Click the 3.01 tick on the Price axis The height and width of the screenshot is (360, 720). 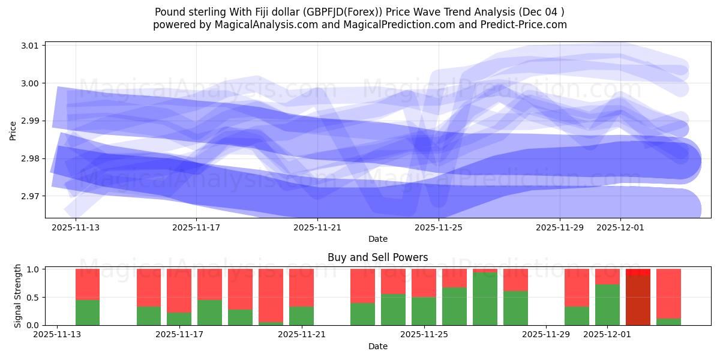pyautogui.click(x=31, y=46)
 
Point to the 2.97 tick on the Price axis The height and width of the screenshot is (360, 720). pyautogui.click(x=31, y=196)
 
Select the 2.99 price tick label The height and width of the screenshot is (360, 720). pyautogui.click(x=31, y=121)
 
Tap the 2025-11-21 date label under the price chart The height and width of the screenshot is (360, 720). pyautogui.click(x=317, y=228)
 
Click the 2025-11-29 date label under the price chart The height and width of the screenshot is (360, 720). pyautogui.click(x=560, y=228)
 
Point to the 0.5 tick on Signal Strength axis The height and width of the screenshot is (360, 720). pyautogui.click(x=34, y=297)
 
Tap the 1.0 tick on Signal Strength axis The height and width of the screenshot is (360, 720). pyautogui.click(x=34, y=269)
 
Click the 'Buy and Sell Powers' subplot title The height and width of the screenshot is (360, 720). pyautogui.click(x=377, y=257)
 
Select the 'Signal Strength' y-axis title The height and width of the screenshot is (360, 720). pyautogui.click(x=18, y=296)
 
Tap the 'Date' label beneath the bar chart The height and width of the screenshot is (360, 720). pyautogui.click(x=377, y=346)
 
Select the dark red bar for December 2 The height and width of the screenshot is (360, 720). pyautogui.click(x=638, y=300)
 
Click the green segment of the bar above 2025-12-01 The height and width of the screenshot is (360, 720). pyautogui.click(x=607, y=305)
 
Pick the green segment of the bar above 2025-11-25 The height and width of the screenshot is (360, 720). pyautogui.click(x=424, y=311)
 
